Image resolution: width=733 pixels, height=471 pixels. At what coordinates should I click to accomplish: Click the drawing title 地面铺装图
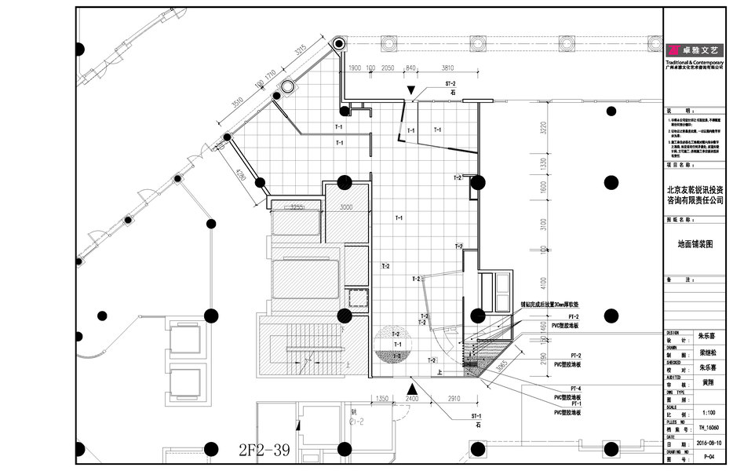[695, 244]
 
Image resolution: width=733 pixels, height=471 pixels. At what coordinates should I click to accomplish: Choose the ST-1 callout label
[476, 415]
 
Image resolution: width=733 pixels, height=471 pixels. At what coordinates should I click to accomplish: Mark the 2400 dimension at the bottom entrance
[411, 399]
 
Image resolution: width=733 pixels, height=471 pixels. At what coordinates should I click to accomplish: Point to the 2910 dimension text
[454, 399]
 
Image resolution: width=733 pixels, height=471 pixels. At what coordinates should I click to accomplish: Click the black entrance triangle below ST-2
[411, 94]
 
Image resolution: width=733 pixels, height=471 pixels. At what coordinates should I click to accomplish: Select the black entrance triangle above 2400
[411, 387]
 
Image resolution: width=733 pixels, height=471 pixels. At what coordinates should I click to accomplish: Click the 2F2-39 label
[264, 451]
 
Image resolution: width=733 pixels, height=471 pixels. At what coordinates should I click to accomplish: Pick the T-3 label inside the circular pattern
[397, 356]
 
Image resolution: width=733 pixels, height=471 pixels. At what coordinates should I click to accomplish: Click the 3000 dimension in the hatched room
[346, 207]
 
